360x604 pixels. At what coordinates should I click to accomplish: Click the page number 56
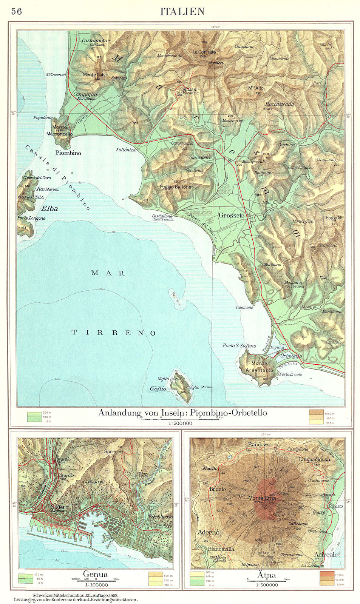pos(17,11)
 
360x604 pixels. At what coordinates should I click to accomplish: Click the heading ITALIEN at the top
pos(182,12)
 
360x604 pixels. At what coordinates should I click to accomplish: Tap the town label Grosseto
pos(231,215)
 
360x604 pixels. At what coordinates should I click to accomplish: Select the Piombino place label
pos(68,153)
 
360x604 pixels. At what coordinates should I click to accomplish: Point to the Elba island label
pos(49,208)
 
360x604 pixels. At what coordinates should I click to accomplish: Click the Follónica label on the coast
pos(126,150)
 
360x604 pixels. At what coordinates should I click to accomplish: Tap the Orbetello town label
pos(291,356)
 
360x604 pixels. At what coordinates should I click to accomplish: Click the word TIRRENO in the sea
pos(114,333)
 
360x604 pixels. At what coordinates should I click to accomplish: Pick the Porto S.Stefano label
pos(239,345)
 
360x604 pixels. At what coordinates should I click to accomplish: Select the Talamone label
pos(244,307)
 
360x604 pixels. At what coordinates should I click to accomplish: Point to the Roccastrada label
pos(280,104)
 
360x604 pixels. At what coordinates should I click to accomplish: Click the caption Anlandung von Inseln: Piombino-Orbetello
pos(182,413)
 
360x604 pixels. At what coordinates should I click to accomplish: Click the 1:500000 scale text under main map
pos(180,424)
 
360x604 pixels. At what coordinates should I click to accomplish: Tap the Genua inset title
pos(95,574)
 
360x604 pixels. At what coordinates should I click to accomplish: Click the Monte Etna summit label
pos(262,498)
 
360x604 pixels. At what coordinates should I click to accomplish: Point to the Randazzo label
pos(260,444)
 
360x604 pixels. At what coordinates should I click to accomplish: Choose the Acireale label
pos(326,555)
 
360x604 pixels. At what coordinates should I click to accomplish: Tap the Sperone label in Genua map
pos(113,451)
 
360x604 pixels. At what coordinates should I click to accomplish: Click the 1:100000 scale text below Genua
pos(95,585)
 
